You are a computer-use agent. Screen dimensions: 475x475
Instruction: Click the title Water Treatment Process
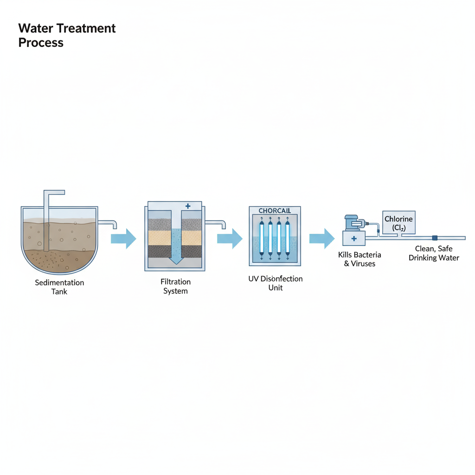[x=67, y=35]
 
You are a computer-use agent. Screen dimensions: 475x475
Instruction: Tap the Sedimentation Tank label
[x=59, y=287]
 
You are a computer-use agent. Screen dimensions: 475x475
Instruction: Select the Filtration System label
[x=175, y=286]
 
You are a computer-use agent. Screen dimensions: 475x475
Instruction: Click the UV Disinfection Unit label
[x=276, y=283]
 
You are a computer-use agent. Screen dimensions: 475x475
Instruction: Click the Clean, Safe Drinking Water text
[x=434, y=253]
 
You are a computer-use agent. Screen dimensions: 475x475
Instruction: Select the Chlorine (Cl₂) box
[x=398, y=223]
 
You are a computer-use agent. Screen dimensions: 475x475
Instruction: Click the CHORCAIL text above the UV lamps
[x=275, y=211]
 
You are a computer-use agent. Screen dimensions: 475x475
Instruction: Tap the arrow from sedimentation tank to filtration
[x=123, y=239]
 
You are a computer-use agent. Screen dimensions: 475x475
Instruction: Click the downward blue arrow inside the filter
[x=175, y=246]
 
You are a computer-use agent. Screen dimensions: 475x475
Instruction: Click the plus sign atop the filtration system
[x=188, y=206]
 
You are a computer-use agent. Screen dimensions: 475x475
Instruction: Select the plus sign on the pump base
[x=353, y=239]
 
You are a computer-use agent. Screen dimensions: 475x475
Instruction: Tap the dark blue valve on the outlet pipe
[x=435, y=238]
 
